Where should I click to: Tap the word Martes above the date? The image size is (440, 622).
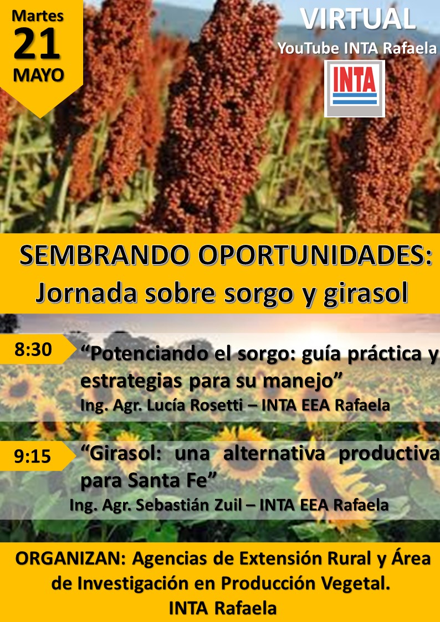tap(37, 15)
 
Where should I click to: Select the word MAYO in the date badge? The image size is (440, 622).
tap(38, 75)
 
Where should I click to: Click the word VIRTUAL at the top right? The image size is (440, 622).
tap(359, 19)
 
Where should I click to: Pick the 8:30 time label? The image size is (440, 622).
tap(33, 350)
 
